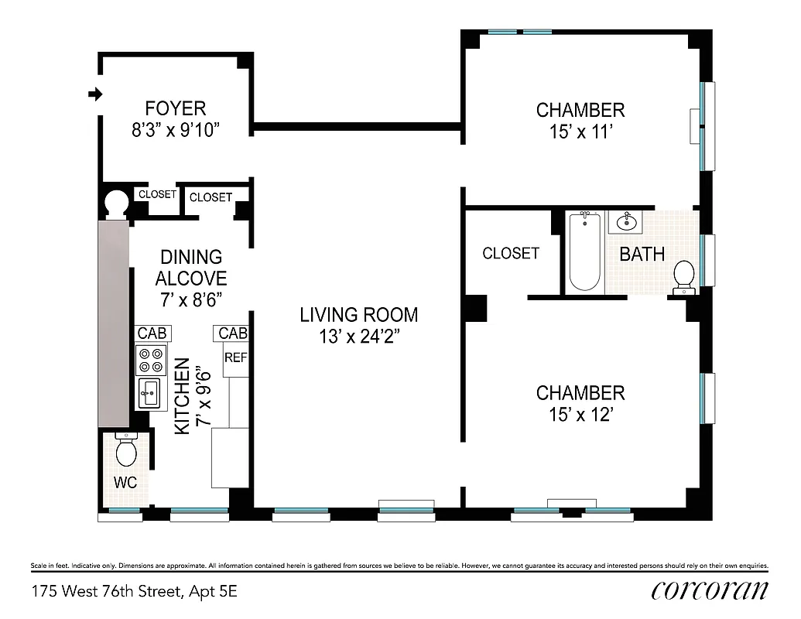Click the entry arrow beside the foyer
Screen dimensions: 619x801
[x=95, y=94]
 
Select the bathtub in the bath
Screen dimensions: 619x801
[x=584, y=251]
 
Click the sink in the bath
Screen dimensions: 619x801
[x=625, y=223]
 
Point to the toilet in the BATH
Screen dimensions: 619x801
[x=683, y=278]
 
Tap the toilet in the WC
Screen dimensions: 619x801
[x=125, y=450]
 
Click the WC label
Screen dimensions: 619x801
[x=125, y=483]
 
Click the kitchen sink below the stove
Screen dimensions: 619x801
[x=150, y=393]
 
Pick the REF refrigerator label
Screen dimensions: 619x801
[x=234, y=357]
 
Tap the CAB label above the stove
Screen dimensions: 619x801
[x=152, y=333]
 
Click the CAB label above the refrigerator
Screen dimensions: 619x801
[x=232, y=333]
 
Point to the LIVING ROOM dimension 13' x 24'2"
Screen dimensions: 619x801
[x=359, y=337]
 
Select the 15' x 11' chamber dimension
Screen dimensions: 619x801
[x=580, y=132]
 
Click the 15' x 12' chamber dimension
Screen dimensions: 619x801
[x=580, y=415]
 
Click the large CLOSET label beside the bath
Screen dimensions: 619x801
[x=511, y=253]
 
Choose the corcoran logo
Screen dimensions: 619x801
[x=710, y=590]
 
